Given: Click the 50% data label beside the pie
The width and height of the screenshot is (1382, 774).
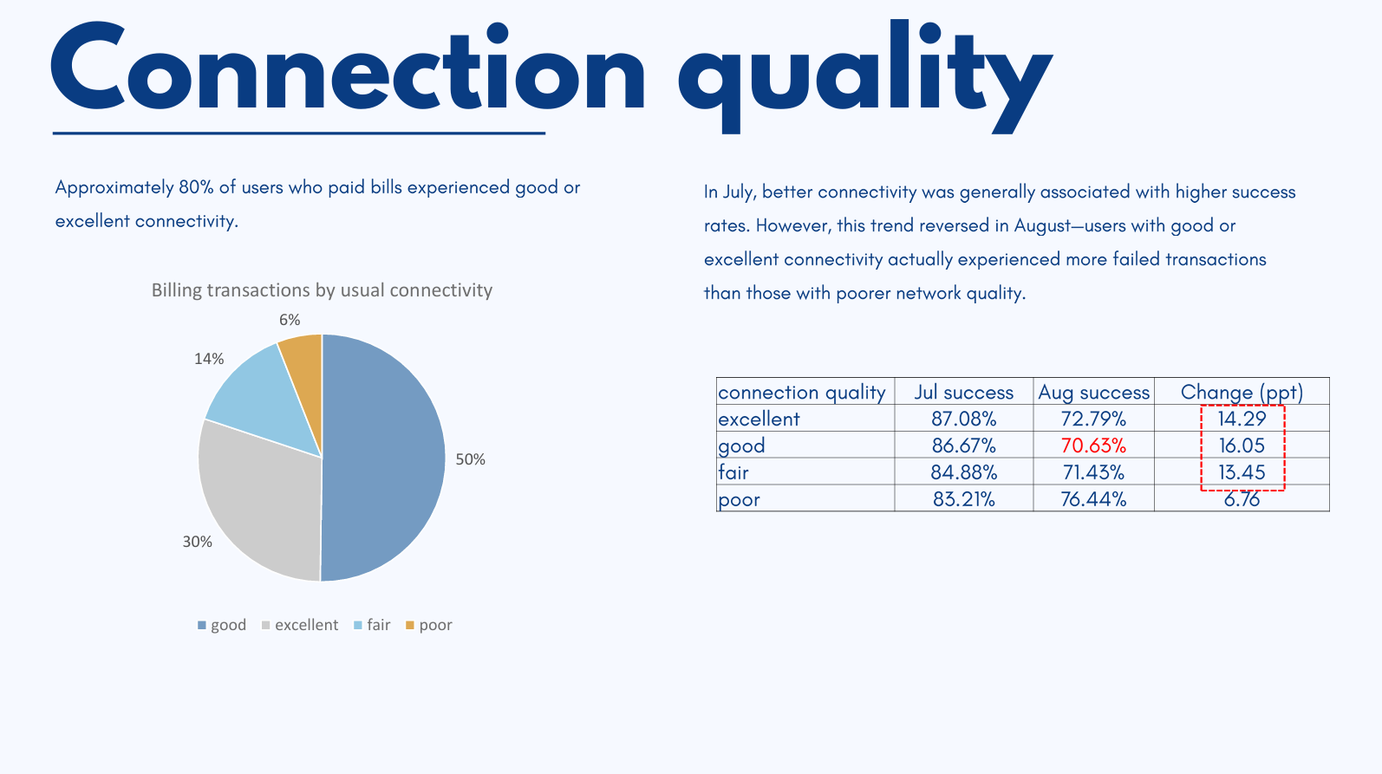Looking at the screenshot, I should click(x=471, y=459).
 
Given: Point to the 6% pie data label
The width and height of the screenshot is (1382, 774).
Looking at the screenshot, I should click(x=290, y=320).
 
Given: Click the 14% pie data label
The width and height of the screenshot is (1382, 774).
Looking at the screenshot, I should click(x=209, y=359).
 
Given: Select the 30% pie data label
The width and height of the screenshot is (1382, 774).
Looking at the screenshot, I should click(x=197, y=542).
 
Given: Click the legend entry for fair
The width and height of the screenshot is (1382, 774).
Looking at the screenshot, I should click(x=373, y=625).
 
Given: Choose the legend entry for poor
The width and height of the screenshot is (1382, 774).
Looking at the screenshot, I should click(x=429, y=625).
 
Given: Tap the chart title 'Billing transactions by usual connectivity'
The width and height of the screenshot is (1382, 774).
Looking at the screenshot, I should click(x=322, y=290).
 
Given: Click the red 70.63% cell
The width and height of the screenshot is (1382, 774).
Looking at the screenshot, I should click(x=1093, y=446).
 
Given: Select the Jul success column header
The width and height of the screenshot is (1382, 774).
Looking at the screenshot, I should click(x=963, y=392).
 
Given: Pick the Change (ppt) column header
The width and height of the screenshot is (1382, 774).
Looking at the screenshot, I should click(x=1242, y=392).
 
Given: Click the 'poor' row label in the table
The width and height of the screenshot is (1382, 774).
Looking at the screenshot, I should click(x=740, y=499).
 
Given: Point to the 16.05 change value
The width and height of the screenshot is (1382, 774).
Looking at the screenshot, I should click(x=1242, y=446).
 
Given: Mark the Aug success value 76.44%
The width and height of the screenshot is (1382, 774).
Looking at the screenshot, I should click(x=1093, y=499).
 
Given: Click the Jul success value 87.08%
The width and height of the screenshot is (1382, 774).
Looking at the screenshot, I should click(x=963, y=419).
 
